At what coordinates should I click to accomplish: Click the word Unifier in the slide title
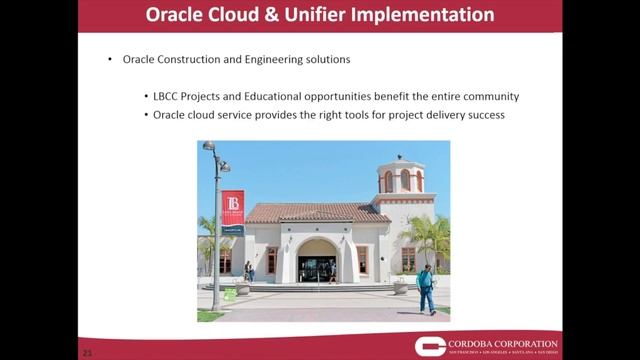(325, 15)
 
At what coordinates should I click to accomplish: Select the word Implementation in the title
(427, 15)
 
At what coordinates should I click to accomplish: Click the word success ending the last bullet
(488, 115)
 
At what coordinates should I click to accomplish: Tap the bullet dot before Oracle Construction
(110, 60)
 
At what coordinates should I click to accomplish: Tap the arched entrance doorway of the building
(317, 262)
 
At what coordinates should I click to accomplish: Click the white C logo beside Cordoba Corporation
(432, 345)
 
